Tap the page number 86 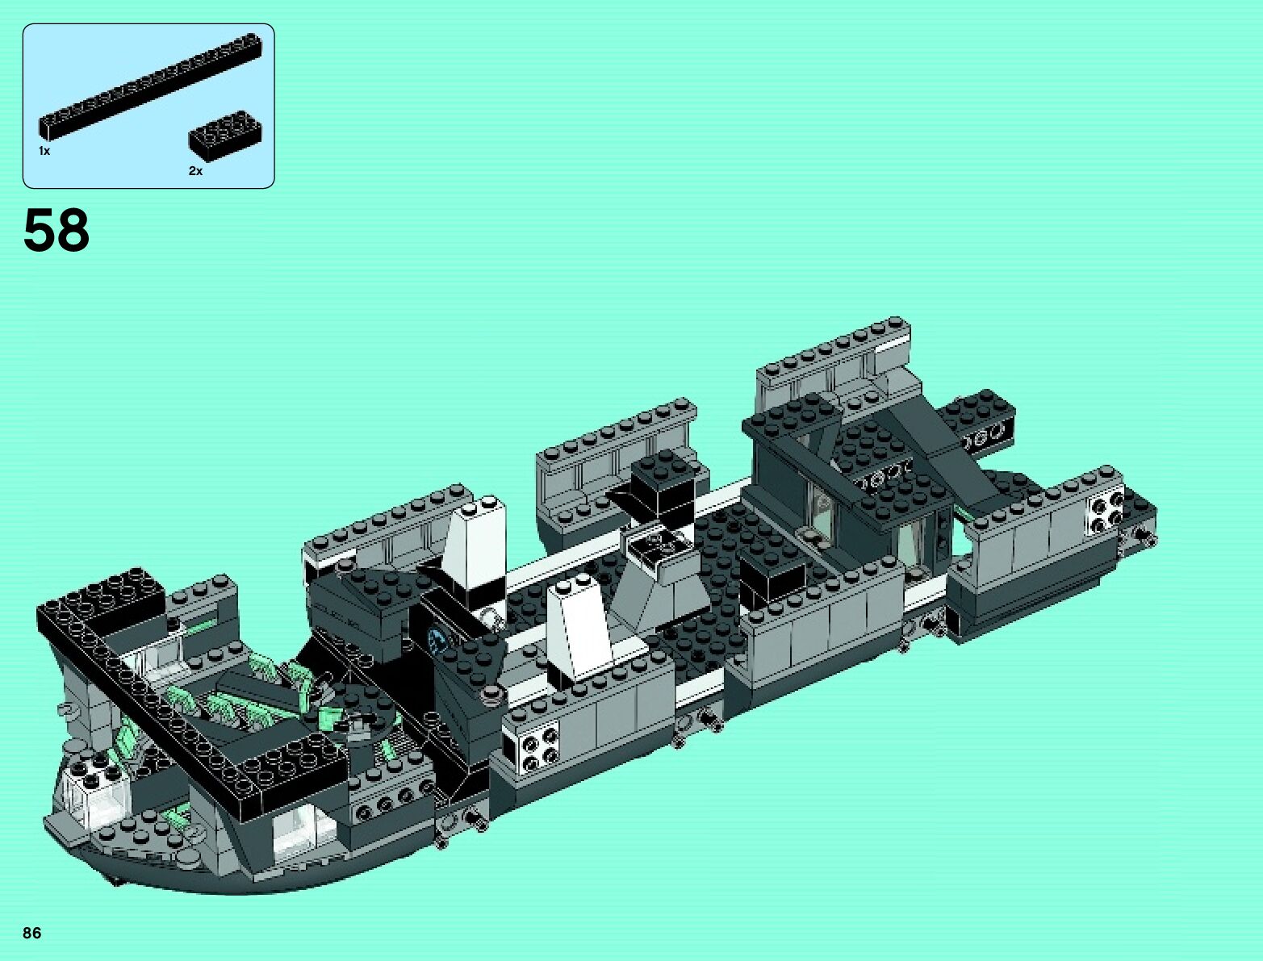32,933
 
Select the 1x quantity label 44,151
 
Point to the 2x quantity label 195,171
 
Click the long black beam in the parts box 149,86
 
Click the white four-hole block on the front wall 531,745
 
